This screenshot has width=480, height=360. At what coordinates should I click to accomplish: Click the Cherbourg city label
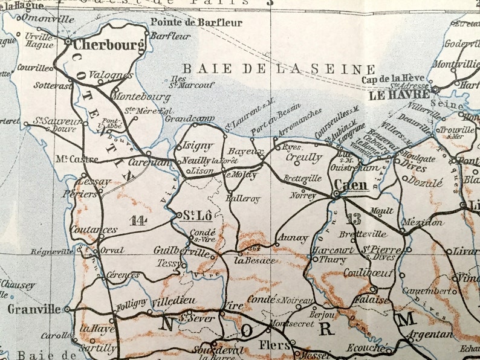click(109, 45)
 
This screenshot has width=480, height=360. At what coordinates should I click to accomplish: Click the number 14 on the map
click(138, 220)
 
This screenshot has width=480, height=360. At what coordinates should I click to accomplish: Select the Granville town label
click(34, 309)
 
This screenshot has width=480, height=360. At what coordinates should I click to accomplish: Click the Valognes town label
click(111, 76)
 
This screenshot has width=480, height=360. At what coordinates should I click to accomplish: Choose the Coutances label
click(94, 230)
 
